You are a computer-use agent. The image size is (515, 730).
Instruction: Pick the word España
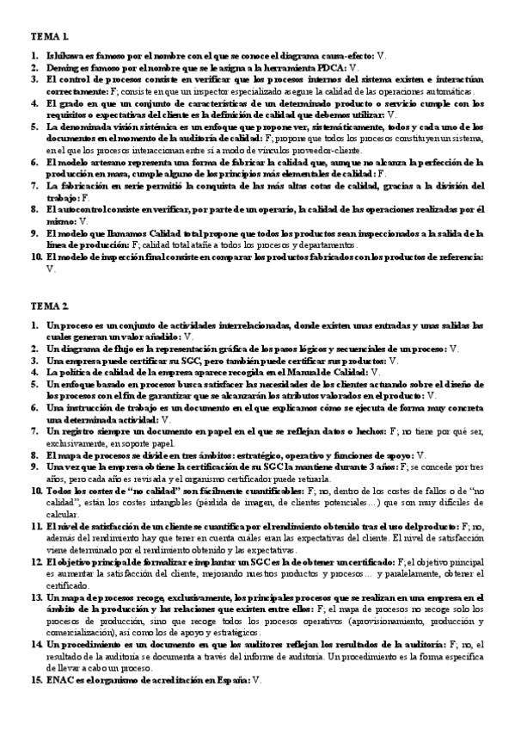227,679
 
